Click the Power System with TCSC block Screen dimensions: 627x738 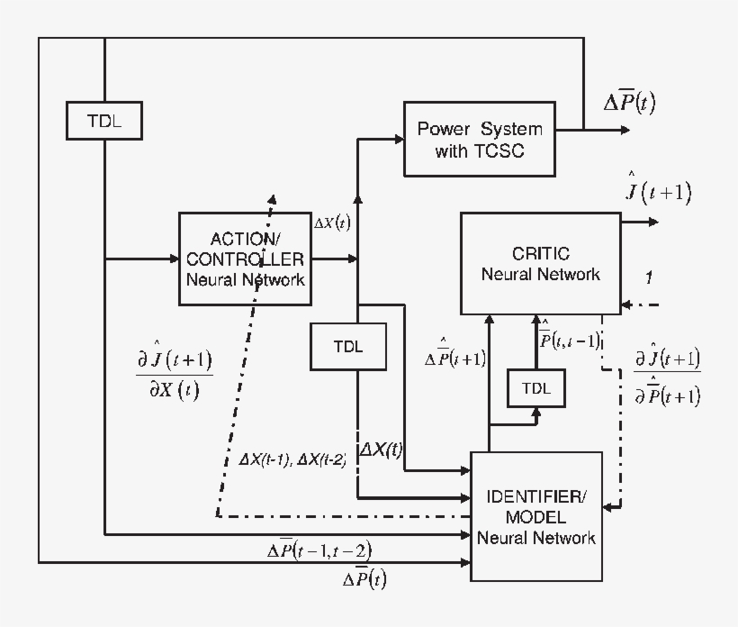[x=479, y=138]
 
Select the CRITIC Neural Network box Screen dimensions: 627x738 [x=540, y=263]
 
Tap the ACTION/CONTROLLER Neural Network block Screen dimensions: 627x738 [x=245, y=259]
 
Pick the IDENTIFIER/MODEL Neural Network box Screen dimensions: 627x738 [x=535, y=516]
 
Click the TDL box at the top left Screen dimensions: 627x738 [x=105, y=122]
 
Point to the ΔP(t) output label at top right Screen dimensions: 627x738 [x=629, y=103]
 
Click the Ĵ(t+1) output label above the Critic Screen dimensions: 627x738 [x=658, y=191]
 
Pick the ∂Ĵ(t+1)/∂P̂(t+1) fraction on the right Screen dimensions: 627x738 [x=667, y=377]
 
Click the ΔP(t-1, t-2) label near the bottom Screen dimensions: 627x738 [x=319, y=550]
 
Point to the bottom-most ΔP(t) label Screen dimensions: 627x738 [x=364, y=579]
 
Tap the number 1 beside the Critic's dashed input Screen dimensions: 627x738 [x=650, y=277]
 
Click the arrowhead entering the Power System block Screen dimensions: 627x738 [x=398, y=138]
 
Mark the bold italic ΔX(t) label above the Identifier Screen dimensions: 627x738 [x=382, y=449]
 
